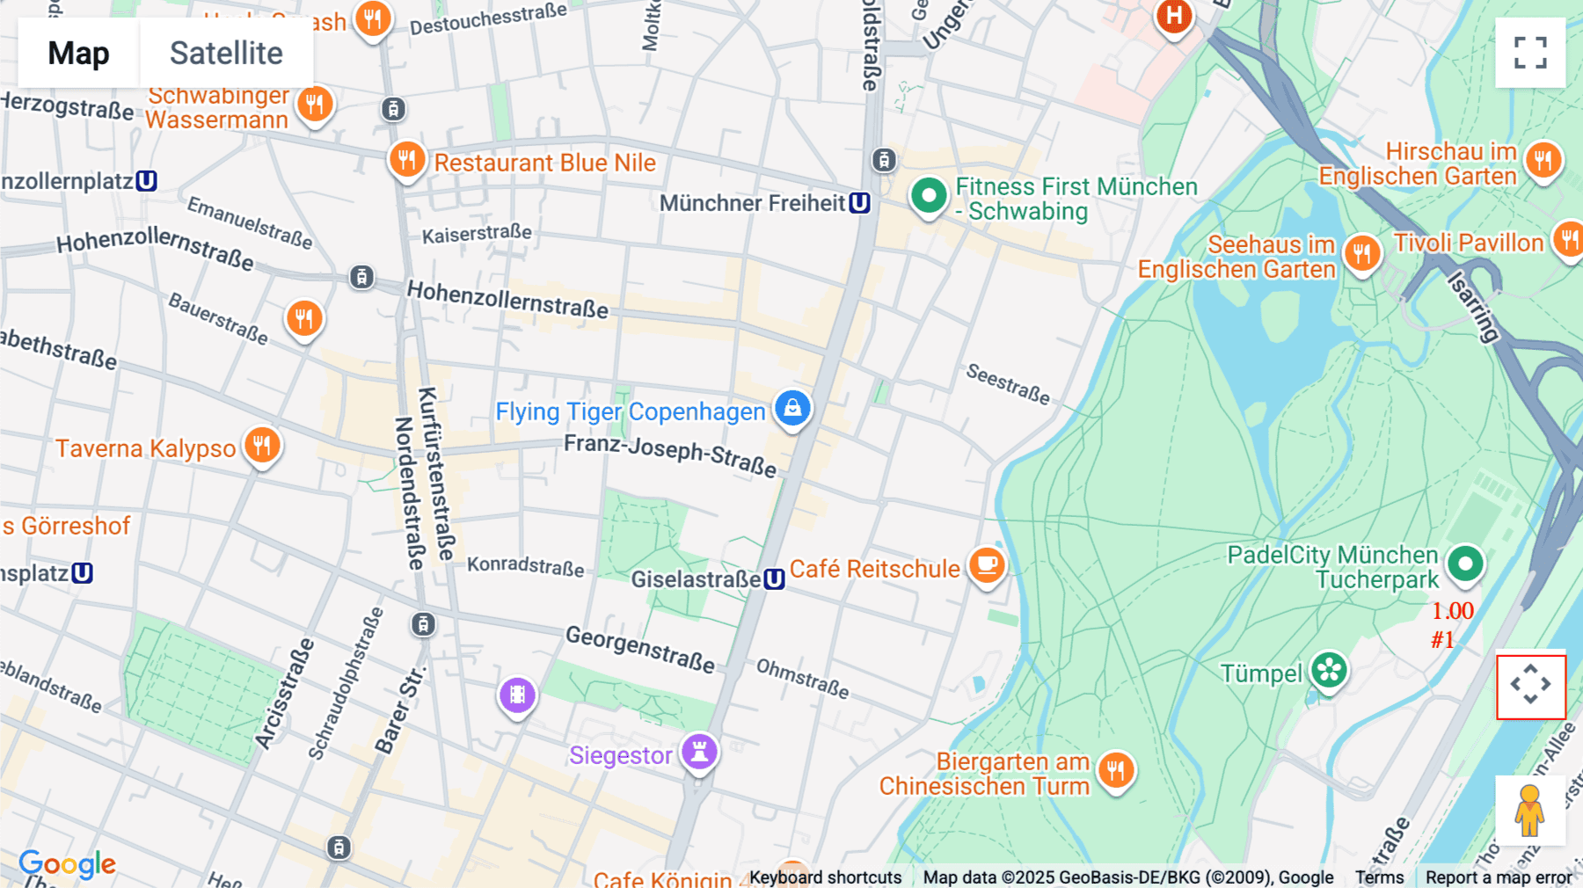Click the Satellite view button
226,53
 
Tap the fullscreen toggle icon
1530,53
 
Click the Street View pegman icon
1529,810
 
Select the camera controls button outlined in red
1530,686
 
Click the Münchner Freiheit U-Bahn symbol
859,203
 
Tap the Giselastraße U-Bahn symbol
774,579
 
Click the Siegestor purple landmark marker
699,753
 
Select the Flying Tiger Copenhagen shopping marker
792,409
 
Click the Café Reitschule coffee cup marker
987,564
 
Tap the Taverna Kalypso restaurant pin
262,446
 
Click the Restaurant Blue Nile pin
407,160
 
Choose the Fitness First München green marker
928,195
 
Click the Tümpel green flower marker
1329,672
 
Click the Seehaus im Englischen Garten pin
1361,254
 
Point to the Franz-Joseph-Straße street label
670,455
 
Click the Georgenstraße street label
639,649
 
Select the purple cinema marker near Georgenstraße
517,695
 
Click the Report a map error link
1498,877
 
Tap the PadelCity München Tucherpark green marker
1465,564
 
